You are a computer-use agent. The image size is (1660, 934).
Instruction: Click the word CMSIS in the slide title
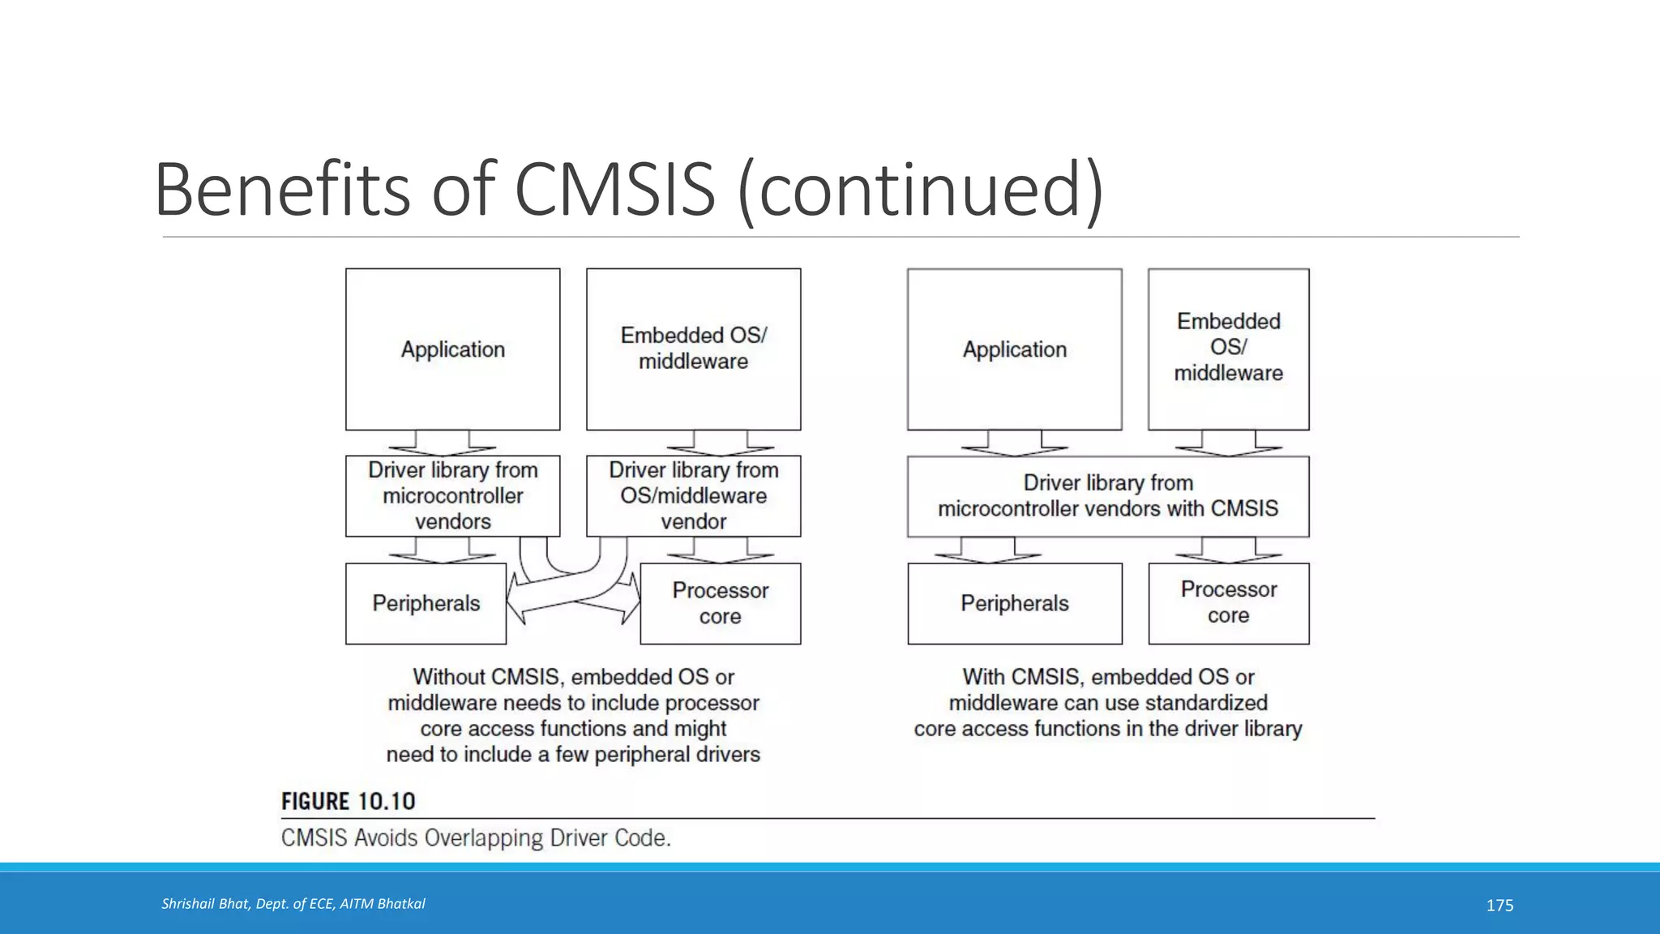tap(614, 190)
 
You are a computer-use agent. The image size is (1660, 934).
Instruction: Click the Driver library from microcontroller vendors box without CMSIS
tap(452, 495)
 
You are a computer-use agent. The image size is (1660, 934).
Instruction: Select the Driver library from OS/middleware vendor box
tap(693, 495)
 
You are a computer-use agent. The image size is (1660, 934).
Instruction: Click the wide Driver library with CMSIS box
tap(1107, 495)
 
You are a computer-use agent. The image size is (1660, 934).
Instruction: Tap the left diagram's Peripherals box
tap(426, 603)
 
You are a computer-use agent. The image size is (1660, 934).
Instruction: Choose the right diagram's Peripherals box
tap(1014, 603)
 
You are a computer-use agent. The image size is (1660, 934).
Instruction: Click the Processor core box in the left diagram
tap(720, 603)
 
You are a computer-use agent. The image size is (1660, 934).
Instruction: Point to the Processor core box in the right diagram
tap(1228, 603)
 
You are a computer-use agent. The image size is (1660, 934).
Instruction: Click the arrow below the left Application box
tap(443, 443)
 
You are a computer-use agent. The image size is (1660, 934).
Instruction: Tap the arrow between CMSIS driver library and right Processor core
tap(1228, 550)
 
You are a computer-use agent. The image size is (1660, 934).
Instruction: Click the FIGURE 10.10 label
tap(348, 802)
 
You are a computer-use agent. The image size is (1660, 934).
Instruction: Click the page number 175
tap(1500, 906)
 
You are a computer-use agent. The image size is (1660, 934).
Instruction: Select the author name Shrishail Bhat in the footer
tap(205, 904)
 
